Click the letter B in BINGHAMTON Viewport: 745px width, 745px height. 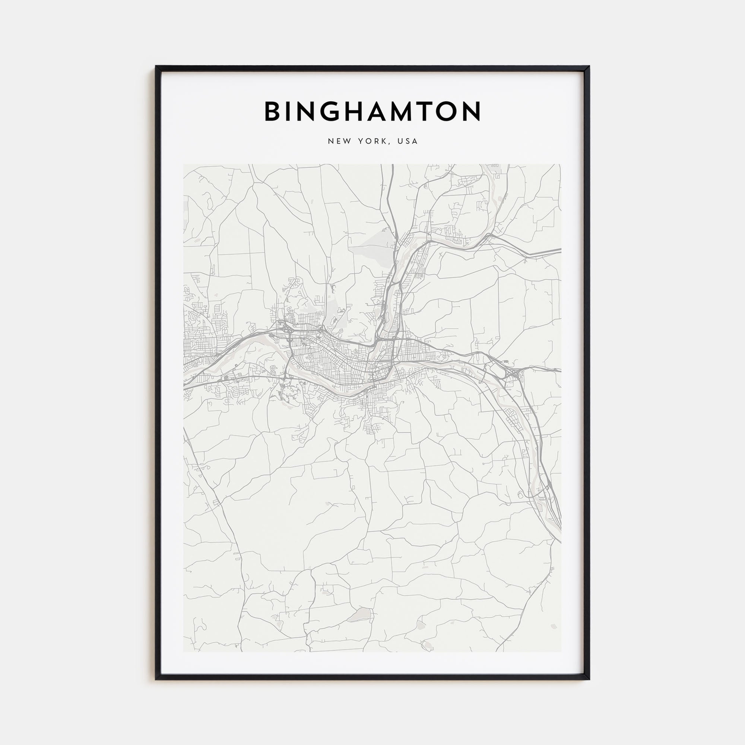pos(273,111)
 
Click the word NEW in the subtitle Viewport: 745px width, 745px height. pos(339,142)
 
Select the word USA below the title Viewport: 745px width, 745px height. pos(409,142)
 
